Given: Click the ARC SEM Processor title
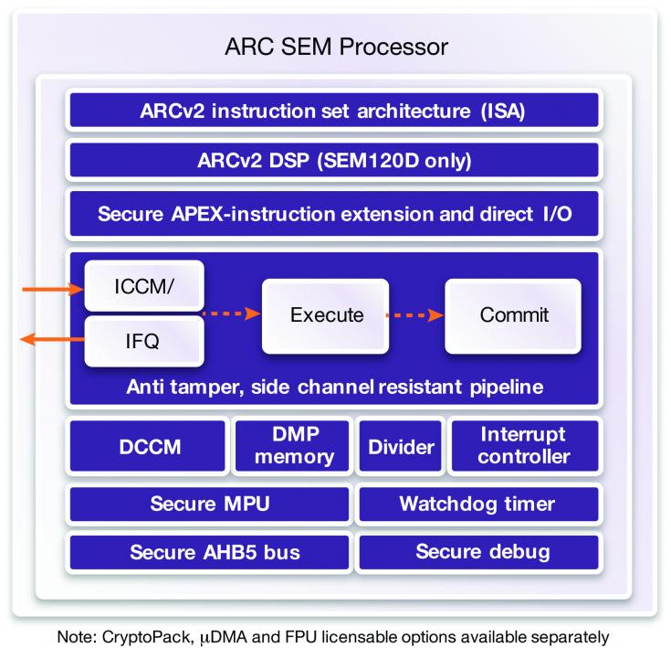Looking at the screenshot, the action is tap(336, 47).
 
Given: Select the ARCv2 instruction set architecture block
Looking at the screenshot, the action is tap(334, 110).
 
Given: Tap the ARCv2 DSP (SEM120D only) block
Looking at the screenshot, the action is tap(334, 160).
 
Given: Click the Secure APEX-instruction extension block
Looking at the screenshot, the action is tap(334, 213).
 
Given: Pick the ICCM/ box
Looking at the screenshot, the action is tap(144, 286).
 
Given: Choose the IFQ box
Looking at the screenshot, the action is tap(144, 341).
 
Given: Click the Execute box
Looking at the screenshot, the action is tap(325, 316).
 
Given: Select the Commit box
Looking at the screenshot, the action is tap(513, 316).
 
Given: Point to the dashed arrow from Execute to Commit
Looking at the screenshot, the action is tap(415, 315).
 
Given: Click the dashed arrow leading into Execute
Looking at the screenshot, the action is tap(232, 313).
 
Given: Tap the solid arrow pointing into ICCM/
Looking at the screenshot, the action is tap(53, 290).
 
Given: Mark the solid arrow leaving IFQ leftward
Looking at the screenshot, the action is tap(52, 340).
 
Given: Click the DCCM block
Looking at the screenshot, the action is tap(147, 446).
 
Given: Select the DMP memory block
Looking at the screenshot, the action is tap(292, 446).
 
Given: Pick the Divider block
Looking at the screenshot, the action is tap(401, 446).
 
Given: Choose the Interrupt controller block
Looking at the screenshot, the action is tap(525, 446).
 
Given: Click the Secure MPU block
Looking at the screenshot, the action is tap(209, 504).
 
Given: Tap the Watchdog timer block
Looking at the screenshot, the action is tap(479, 504).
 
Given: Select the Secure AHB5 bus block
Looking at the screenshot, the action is tap(209, 552).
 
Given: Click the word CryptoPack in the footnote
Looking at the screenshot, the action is tap(147, 637).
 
